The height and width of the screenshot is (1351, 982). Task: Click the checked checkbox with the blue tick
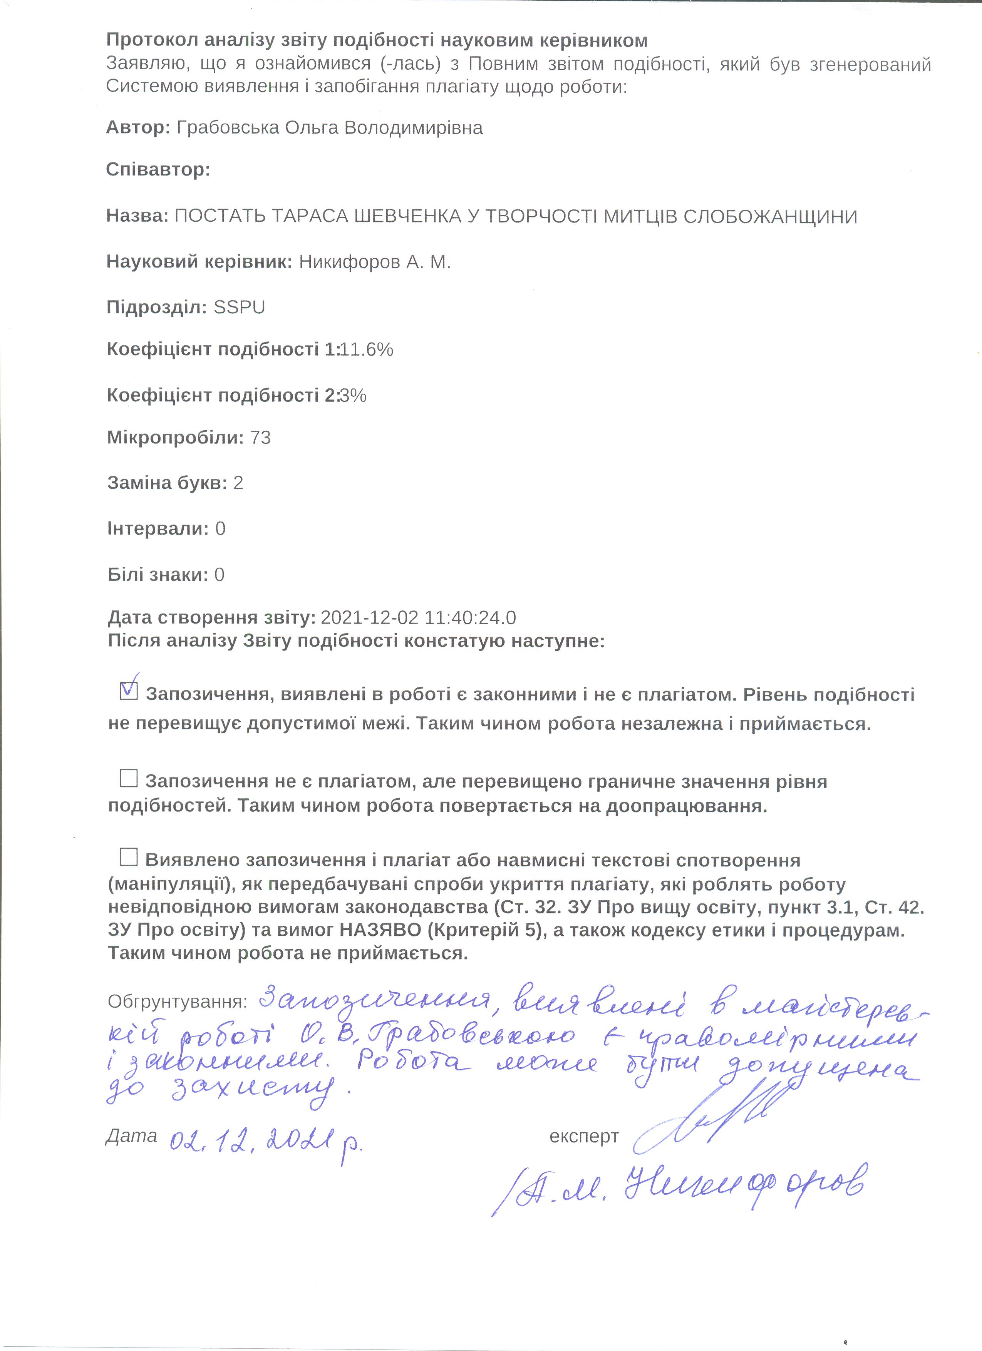[129, 691]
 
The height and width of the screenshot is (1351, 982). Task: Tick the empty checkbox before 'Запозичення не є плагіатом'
[129, 779]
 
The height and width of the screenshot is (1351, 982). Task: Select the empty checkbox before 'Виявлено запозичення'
[129, 857]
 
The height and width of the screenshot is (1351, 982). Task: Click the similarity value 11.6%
[366, 349]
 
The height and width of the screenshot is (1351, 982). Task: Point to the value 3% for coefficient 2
[353, 396]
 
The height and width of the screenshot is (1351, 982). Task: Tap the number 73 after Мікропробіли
[260, 438]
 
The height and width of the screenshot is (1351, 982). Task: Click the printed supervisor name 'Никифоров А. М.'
[375, 262]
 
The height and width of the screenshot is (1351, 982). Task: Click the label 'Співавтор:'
[158, 170]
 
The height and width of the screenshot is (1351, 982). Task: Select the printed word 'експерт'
[584, 1137]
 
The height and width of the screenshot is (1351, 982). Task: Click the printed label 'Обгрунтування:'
[177, 1002]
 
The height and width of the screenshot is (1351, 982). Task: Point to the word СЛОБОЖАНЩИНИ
[770, 216]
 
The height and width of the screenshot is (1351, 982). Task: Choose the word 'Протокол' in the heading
[152, 40]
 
